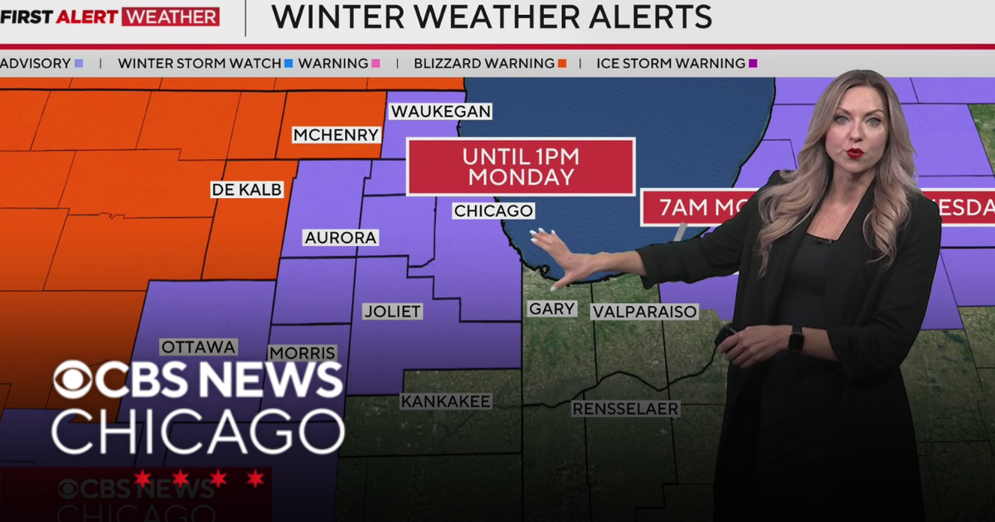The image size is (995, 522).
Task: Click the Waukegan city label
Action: (x=440, y=111)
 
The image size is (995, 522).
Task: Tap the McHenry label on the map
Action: (x=336, y=134)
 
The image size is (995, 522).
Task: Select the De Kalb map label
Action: (x=246, y=190)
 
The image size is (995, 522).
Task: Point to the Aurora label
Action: (x=341, y=238)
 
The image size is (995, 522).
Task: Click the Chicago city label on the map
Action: (x=493, y=211)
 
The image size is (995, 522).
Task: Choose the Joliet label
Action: (x=392, y=312)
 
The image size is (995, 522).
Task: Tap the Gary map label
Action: (x=552, y=308)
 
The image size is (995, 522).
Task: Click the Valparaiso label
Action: (x=644, y=312)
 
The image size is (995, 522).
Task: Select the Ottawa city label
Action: (x=199, y=347)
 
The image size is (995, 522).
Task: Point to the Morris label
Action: (x=303, y=353)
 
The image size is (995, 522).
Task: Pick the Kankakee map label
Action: (x=446, y=401)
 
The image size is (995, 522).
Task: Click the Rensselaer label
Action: (x=626, y=408)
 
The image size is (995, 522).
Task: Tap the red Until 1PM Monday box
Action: (x=520, y=167)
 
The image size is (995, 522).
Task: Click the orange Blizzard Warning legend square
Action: (x=562, y=63)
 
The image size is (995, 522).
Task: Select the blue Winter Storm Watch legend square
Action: (x=289, y=63)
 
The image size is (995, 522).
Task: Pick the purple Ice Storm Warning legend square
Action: (x=753, y=63)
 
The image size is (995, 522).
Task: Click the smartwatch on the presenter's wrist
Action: (x=796, y=339)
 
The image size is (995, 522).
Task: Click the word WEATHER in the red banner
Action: (x=170, y=17)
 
